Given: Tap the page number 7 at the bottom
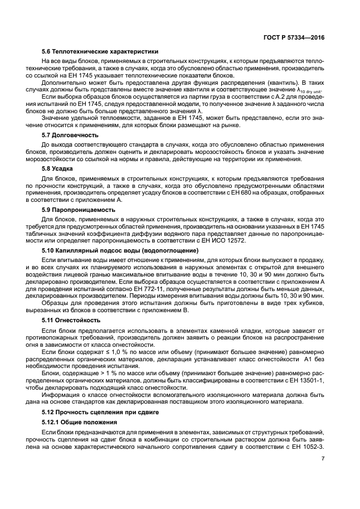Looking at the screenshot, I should (323, 459).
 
